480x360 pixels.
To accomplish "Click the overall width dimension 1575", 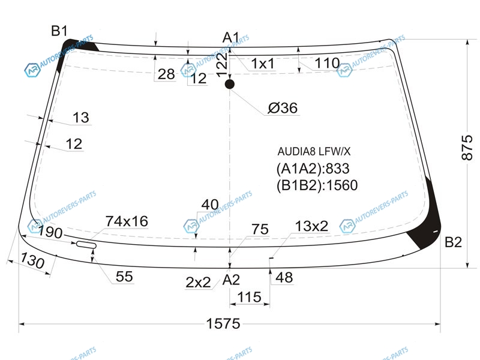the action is point(223,323).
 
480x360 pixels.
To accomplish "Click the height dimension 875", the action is point(467,147).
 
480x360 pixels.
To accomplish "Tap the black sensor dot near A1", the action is point(230,84).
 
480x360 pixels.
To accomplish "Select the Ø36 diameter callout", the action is point(283,108).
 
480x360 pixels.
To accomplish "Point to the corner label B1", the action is point(59,31).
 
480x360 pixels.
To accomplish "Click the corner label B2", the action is point(453,242).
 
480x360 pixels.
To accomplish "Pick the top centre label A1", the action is point(231,38).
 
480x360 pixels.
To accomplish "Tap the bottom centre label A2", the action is point(231,280).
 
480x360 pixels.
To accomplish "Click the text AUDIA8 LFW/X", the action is point(314,151).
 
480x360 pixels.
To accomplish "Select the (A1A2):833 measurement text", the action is point(313,169).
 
